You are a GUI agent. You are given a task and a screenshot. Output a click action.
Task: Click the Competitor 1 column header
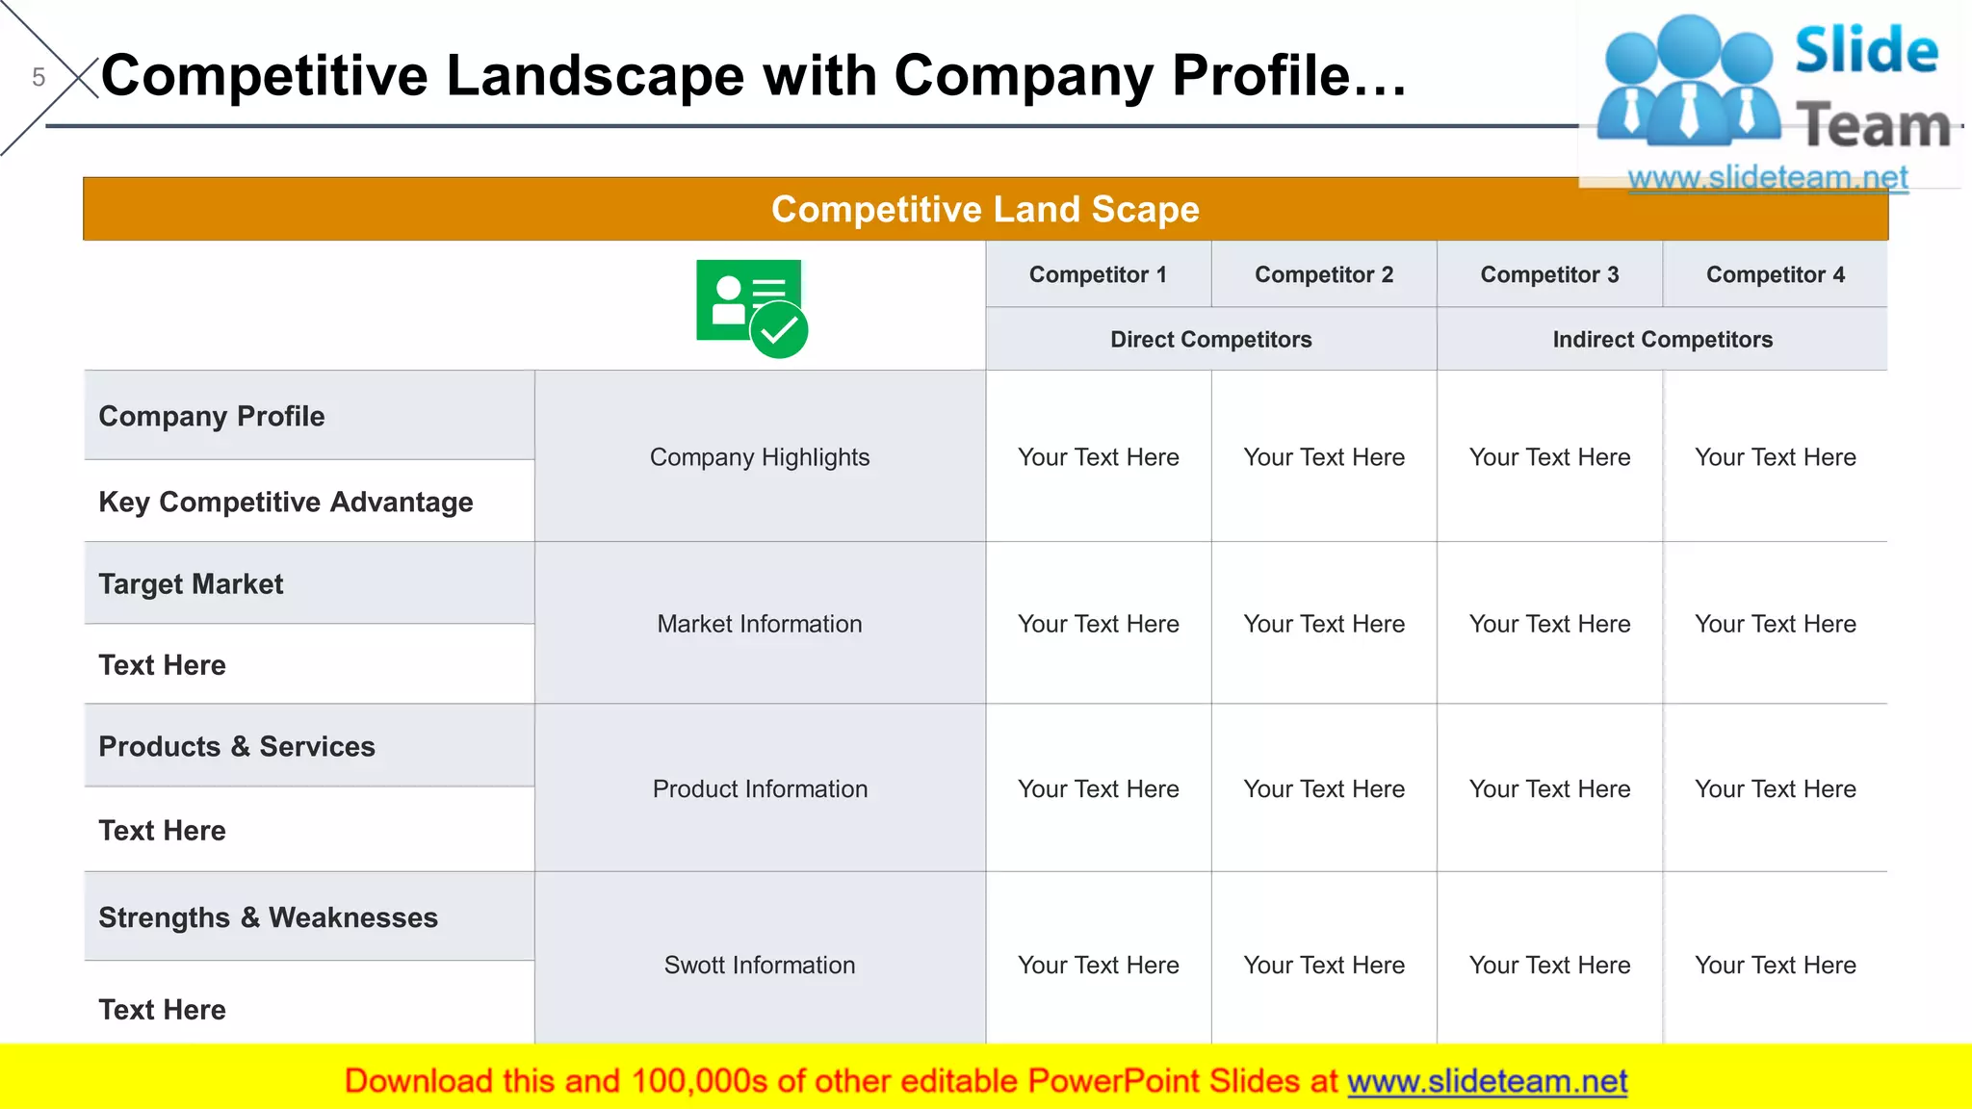[x=1098, y=274]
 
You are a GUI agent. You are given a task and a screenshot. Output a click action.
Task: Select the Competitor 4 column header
[x=1775, y=274]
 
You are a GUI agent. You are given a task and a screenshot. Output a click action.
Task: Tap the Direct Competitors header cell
[x=1210, y=339]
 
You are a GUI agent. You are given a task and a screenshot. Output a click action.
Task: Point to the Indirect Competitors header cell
[x=1662, y=339]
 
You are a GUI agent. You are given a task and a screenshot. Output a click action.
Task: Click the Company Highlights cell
[x=760, y=457]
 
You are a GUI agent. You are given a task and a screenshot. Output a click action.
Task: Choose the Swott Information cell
[x=760, y=965]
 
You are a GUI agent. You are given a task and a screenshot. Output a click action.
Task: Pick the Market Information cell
[x=760, y=624]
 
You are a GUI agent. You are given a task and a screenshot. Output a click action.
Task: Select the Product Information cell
[x=760, y=788]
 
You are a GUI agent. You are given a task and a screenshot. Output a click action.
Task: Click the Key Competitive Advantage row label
[x=286, y=502]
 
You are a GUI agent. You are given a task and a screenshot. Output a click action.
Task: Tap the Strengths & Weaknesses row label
[x=268, y=917]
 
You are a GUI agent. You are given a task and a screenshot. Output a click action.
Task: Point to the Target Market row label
[x=191, y=583]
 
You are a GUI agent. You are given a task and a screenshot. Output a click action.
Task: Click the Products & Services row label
[x=237, y=746]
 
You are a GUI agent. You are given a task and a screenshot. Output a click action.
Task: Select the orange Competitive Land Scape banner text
[x=985, y=209]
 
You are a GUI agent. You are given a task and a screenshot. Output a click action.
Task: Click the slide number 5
[x=39, y=77]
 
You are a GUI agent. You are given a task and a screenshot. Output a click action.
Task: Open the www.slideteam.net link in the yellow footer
[x=1487, y=1081]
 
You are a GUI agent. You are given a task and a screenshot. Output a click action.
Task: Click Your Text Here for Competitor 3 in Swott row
[x=1549, y=965]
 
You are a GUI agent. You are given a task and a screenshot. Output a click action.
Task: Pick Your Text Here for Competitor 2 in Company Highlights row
[x=1324, y=457]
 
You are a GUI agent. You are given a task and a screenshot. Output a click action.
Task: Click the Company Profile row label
[x=212, y=416]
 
